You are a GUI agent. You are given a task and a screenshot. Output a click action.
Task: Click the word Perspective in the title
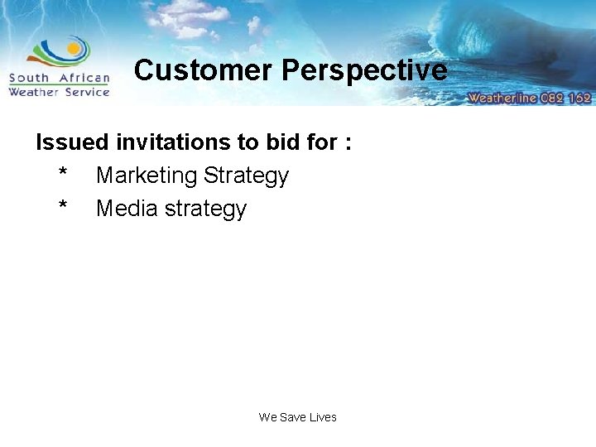364,70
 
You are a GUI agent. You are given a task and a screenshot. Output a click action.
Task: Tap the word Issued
72,142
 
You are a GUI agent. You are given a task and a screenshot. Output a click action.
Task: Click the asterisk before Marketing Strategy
63,174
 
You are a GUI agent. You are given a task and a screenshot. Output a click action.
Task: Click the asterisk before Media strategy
63,207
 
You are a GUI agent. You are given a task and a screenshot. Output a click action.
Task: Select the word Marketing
147,175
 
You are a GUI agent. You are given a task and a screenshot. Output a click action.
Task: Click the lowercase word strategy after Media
206,209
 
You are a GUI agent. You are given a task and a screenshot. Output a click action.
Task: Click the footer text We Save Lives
297,417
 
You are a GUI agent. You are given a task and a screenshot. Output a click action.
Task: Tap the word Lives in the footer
323,417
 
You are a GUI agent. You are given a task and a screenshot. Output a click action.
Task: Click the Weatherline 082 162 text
529,97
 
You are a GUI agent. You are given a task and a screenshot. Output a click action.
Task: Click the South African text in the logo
59,79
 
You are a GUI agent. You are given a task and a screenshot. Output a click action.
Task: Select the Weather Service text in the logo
59,92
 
